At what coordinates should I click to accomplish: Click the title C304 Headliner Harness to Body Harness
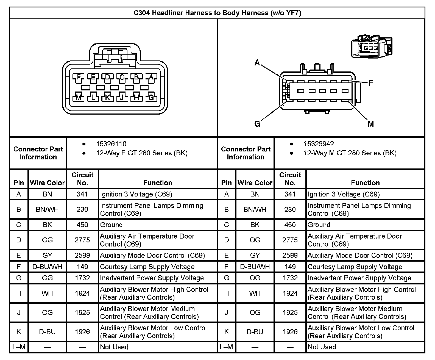[x=217, y=13]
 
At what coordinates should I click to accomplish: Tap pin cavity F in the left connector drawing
[x=79, y=77]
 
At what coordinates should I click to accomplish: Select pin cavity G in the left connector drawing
[x=151, y=97]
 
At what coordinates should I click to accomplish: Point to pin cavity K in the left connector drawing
[x=107, y=97]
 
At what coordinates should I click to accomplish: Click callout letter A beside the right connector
[x=257, y=63]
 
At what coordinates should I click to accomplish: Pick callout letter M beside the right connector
[x=371, y=124]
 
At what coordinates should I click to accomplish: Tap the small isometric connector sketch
[x=371, y=46]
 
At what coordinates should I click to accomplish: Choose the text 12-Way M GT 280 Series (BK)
[x=350, y=153]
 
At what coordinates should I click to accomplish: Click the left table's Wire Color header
[x=47, y=183]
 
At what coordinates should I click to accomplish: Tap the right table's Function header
[x=365, y=183]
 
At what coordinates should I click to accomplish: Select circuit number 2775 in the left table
[x=82, y=240]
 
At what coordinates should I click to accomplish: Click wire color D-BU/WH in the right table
[x=255, y=267]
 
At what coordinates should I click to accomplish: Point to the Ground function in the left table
[x=111, y=225]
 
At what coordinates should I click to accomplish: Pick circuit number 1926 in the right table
[x=290, y=332]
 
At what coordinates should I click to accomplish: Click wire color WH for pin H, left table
[x=47, y=293]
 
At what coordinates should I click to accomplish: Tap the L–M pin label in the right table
[x=226, y=347]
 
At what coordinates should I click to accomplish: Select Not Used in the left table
[x=114, y=347]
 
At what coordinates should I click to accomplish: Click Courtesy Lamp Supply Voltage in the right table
[x=355, y=267]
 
